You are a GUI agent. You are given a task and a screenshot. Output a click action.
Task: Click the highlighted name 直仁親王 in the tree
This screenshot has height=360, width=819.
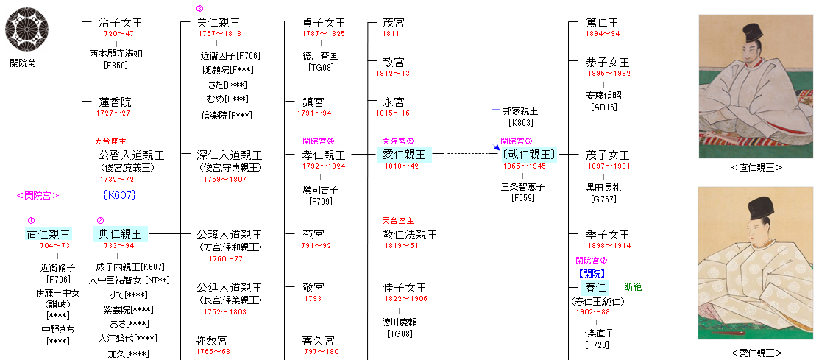pos(49,234)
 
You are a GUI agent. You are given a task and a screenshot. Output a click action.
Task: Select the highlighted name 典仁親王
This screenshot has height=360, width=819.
pos(121,234)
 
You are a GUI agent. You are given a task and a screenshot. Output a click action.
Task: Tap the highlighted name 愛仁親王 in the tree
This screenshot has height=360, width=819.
pos(404,155)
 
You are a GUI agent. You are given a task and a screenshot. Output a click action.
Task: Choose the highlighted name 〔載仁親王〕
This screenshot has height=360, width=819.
pos(528,155)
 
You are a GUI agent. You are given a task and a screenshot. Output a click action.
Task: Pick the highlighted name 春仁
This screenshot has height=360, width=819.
pos(593,286)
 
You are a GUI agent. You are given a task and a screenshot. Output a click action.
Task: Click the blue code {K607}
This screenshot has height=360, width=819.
pos(120,195)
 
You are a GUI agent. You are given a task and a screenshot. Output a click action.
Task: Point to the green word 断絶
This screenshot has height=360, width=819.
pos(633,286)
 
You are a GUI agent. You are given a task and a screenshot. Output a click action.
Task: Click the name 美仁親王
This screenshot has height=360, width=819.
pos(219,23)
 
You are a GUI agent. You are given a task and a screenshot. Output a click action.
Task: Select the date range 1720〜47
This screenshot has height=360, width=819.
pos(116,34)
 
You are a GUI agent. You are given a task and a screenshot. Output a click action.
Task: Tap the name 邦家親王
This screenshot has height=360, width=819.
pos(520,110)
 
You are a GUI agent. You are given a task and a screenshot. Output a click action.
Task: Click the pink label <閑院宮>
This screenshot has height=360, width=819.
pos(38,195)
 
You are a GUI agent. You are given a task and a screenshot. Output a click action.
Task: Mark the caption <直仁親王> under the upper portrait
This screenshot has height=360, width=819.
pos(756,167)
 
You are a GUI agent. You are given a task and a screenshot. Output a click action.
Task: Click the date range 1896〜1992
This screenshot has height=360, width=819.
pos(609,74)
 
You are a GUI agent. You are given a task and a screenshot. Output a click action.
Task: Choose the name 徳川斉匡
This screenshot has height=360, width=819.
pos(321,55)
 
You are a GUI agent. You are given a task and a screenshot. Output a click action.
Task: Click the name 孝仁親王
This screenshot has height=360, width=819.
pos(324,155)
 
